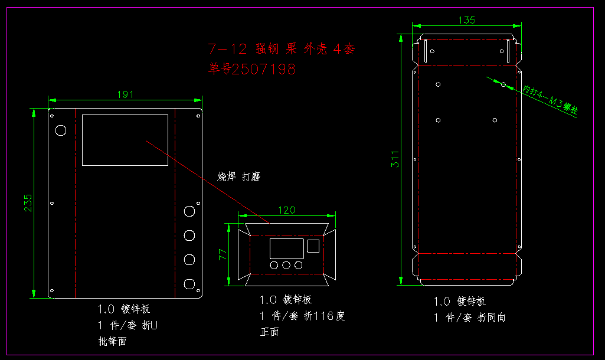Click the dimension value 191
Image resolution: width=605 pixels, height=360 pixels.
pos(125,94)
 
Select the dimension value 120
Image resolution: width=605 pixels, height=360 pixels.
pos(287,210)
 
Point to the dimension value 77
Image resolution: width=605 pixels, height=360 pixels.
pos(223,255)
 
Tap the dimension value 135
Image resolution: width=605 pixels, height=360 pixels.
pos(467,20)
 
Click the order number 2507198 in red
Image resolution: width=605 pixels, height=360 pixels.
pos(263,69)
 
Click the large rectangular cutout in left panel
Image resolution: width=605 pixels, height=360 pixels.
pos(125,140)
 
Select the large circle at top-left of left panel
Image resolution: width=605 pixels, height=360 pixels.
pos(60,130)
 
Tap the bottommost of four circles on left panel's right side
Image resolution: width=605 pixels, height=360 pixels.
pos(189,284)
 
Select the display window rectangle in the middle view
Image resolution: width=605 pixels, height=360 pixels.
pos(287,248)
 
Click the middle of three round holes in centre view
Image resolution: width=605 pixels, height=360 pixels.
pos(287,266)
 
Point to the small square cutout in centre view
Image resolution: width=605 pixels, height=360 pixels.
pos(314,246)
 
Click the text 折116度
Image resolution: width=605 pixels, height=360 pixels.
pos(324,316)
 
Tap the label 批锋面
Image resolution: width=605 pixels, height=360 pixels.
pos(112,341)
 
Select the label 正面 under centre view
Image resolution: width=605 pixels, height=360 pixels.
pos(270,332)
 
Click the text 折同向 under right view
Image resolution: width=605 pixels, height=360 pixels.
pos(492,318)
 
